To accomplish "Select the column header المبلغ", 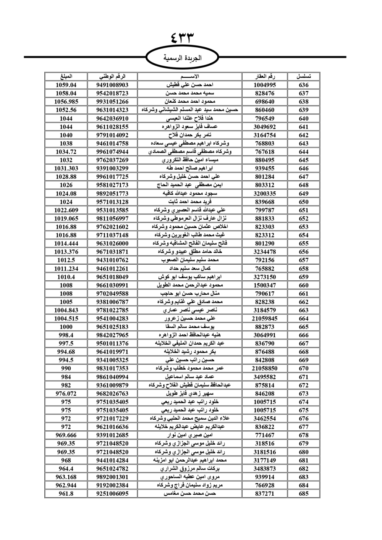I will pyautogui.click(x=66, y=76).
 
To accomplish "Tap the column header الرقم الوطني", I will pyautogui.click(x=112, y=76).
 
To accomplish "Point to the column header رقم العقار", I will pyautogui.click(x=264, y=76).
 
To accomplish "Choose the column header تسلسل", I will pyautogui.click(x=304, y=76).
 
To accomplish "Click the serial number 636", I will pyautogui.click(x=304, y=85).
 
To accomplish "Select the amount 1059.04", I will pyautogui.click(x=66, y=85).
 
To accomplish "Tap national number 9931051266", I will pyautogui.click(x=112, y=102).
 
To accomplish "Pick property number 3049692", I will pyautogui.click(x=264, y=127).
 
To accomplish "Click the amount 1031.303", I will pyautogui.click(x=66, y=168).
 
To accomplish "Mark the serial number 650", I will pyautogui.click(x=304, y=202).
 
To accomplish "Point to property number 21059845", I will pyautogui.click(x=264, y=319).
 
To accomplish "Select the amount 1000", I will pyautogui.click(x=66, y=327).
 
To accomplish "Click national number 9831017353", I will pyautogui.click(x=112, y=369).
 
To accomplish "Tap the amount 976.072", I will pyautogui.click(x=66, y=393).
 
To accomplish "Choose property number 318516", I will pyautogui.click(x=264, y=443).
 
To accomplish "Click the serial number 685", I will pyautogui.click(x=304, y=493).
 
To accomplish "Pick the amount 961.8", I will pyautogui.click(x=66, y=493).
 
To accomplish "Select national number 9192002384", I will pyautogui.click(x=112, y=485).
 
